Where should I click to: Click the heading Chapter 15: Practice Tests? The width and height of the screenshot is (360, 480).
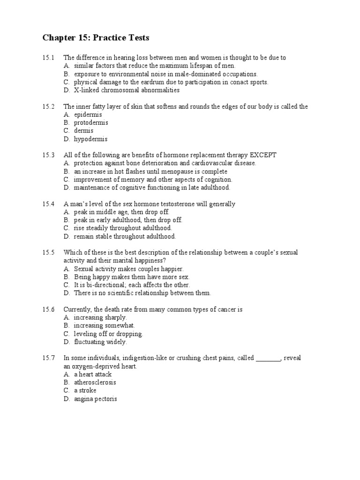pyautogui.click(x=96, y=37)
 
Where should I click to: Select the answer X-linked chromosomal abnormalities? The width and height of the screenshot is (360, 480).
pyautogui.click(x=127, y=90)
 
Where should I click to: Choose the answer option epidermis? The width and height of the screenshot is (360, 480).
pyautogui.click(x=88, y=114)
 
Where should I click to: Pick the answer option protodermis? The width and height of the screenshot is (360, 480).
pyautogui.click(x=91, y=122)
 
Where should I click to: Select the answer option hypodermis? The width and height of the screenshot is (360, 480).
pyautogui.click(x=90, y=139)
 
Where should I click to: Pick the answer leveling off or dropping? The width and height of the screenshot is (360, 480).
pyautogui.click(x=108, y=334)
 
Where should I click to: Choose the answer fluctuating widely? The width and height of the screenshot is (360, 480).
pyautogui.click(x=100, y=342)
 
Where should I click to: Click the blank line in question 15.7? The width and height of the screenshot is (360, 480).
pyautogui.click(x=268, y=358)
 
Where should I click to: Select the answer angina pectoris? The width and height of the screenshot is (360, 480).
pyautogui.click(x=95, y=399)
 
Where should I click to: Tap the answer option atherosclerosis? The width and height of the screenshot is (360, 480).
pyautogui.click(x=95, y=382)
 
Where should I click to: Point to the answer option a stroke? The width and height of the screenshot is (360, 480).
pyautogui.click(x=85, y=390)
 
